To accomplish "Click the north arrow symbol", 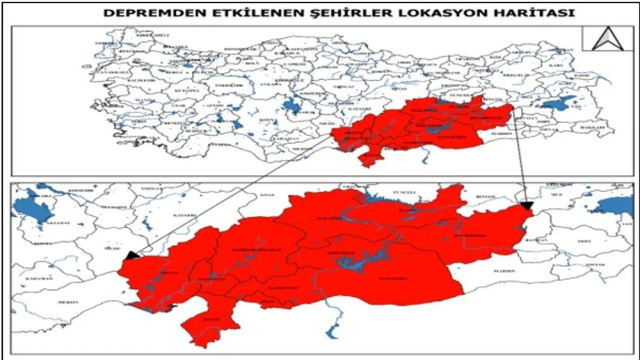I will [x=607, y=39].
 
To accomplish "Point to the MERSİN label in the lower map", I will [x=68, y=302].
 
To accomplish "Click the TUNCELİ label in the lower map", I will [x=405, y=192].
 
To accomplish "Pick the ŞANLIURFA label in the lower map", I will [x=393, y=278].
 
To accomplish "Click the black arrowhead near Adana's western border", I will [x=131, y=255].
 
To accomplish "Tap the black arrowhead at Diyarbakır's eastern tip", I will [x=526, y=205].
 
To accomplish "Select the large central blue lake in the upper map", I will [x=290, y=106].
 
